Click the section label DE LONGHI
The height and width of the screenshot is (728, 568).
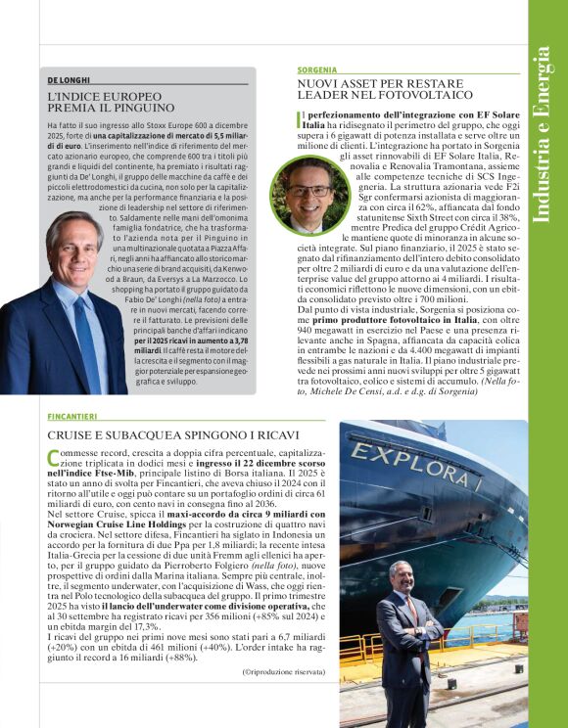click(x=69, y=80)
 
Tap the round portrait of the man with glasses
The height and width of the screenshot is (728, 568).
click(x=309, y=194)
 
